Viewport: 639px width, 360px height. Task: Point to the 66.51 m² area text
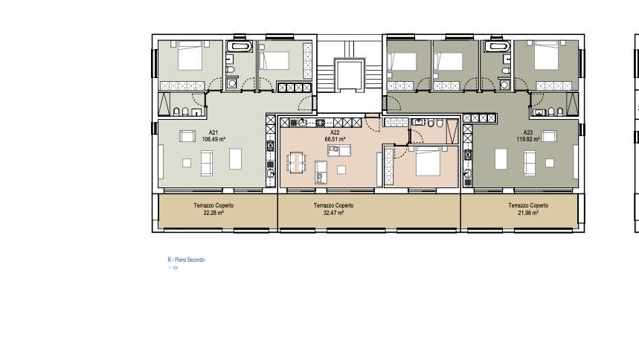335,139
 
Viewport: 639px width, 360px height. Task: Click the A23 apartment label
528,133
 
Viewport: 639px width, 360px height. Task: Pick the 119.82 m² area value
528,139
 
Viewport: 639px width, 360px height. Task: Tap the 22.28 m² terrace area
213,213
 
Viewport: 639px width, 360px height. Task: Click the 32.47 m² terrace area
333,213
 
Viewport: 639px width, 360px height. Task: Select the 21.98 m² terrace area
528,213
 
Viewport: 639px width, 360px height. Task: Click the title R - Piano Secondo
186,260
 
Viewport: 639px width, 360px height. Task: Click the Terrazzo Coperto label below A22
333,205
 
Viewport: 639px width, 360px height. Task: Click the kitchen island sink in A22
335,150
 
